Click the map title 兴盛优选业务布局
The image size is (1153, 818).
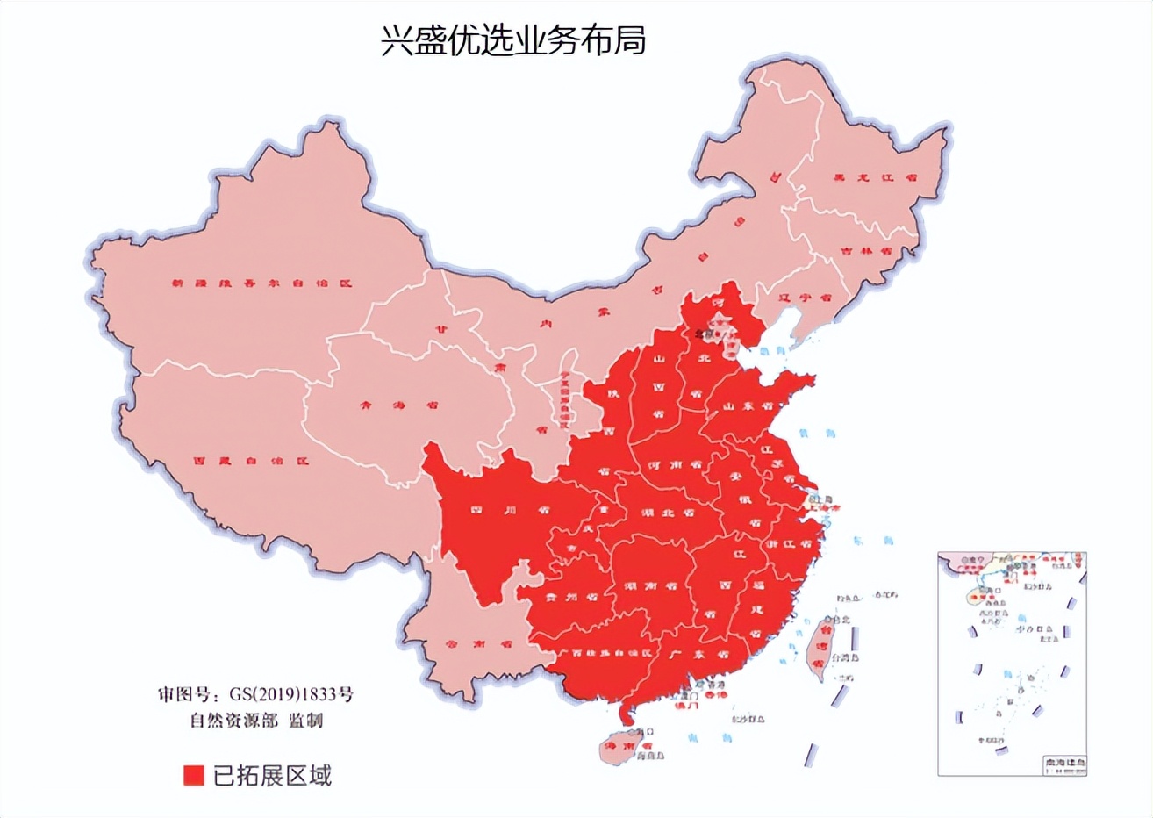click(513, 40)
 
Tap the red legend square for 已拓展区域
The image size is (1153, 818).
click(193, 776)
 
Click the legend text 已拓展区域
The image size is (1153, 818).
click(273, 776)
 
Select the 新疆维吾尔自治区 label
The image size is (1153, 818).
click(261, 284)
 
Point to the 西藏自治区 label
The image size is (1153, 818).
click(252, 461)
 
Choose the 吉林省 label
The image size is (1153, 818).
click(865, 250)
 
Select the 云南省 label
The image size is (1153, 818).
click(479, 643)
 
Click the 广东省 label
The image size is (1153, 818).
click(699, 655)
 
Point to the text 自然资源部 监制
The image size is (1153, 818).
click(256, 721)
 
